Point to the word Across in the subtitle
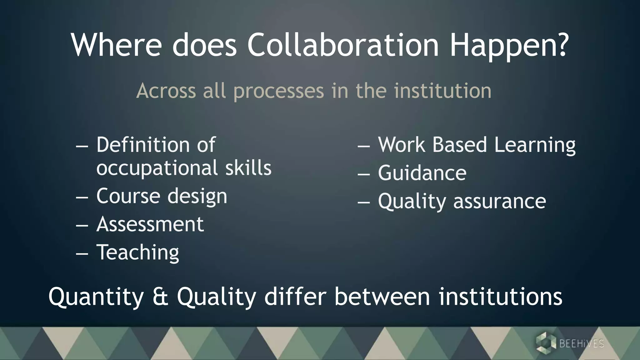coord(166,91)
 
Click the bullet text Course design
coord(162,196)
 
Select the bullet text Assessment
coord(150,224)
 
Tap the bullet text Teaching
coord(138,252)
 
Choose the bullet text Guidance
coord(422,173)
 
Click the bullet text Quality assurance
coord(462,201)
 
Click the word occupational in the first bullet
coord(157,168)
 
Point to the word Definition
coord(142,145)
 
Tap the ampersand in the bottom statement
coord(160,297)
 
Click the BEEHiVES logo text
coord(581,344)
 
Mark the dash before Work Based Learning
coord(364,146)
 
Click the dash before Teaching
coord(82,253)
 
